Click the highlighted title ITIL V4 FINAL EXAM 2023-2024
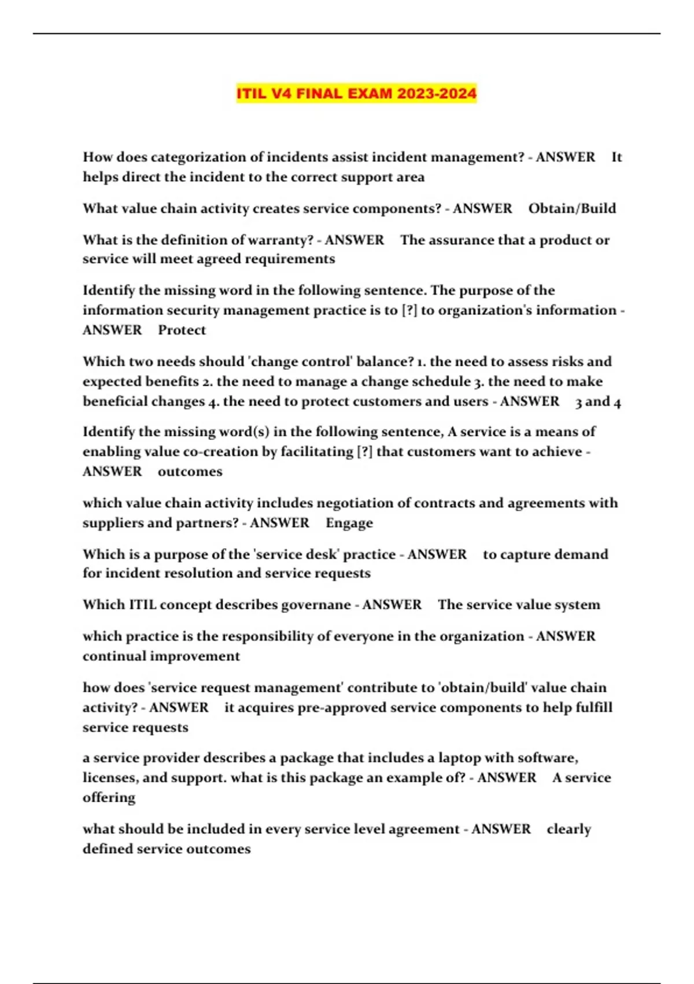click(x=356, y=93)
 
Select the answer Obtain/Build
click(x=572, y=208)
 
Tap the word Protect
click(x=182, y=330)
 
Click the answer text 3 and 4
click(x=598, y=402)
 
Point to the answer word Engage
click(x=349, y=523)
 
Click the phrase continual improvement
click(x=161, y=656)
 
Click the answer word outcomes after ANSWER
click(x=190, y=472)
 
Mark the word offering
click(x=109, y=798)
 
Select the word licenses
click(x=109, y=778)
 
